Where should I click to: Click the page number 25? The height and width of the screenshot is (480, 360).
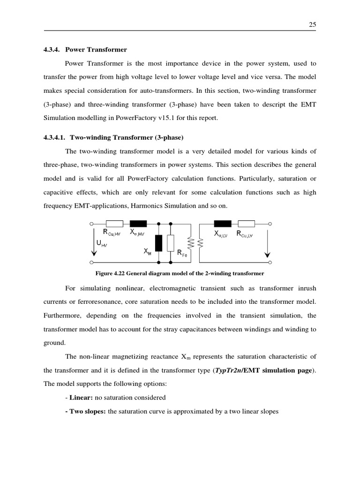coord(313,25)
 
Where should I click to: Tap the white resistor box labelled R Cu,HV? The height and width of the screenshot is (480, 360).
coord(114,224)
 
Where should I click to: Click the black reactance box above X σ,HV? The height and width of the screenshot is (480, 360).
coord(138,224)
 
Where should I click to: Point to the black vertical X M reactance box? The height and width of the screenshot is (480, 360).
coord(159,243)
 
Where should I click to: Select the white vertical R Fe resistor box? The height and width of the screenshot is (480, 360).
coord(171,243)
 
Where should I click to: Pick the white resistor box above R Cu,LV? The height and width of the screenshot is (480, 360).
coord(246,224)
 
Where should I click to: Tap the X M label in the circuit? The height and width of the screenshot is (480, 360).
coord(148,251)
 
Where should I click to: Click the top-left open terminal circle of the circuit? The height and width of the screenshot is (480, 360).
coord(92,224)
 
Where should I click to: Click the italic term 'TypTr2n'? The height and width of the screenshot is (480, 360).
coord(227,370)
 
